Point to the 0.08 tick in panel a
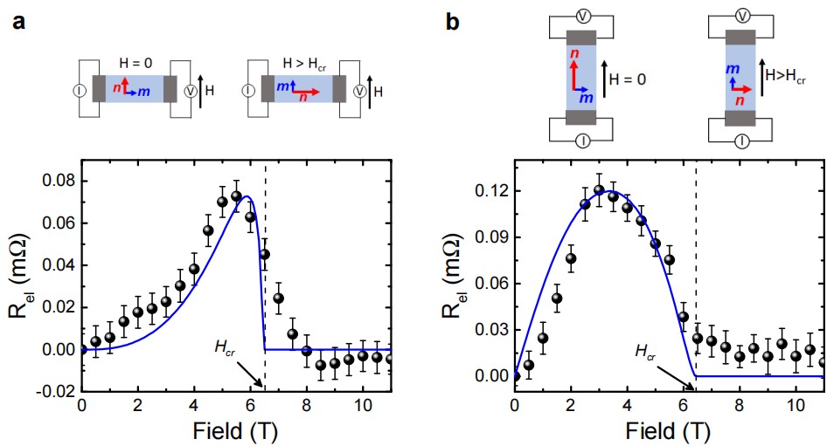pyautogui.click(x=57, y=180)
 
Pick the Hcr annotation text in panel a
pyautogui.click(x=224, y=347)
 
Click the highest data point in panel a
pyautogui.click(x=236, y=196)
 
